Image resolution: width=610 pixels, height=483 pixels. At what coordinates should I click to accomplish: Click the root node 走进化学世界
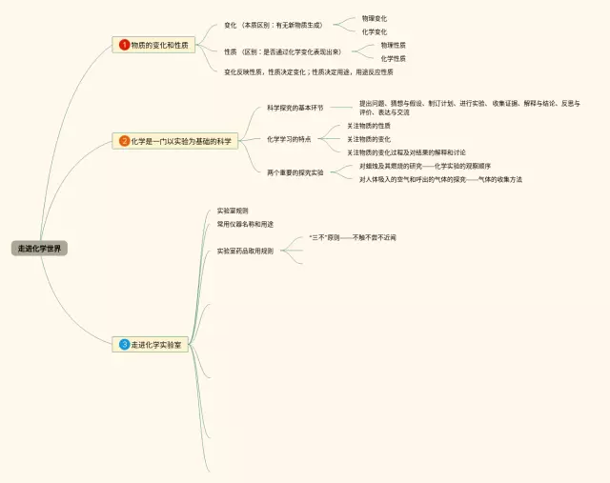(x=41, y=248)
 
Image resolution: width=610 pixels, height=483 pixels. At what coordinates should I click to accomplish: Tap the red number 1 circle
(x=124, y=45)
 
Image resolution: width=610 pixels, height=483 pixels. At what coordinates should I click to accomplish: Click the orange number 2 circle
(x=124, y=141)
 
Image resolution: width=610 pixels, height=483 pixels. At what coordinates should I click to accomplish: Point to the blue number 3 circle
(x=124, y=344)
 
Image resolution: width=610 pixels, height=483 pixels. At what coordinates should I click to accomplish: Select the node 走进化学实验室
(x=161, y=344)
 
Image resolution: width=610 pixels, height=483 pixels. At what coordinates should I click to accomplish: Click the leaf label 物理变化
(x=374, y=18)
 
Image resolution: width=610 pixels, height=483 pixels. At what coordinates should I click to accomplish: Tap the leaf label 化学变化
(x=374, y=31)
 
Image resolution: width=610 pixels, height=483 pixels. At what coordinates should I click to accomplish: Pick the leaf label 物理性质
(x=393, y=45)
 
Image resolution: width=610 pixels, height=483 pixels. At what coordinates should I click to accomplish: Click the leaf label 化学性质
(x=393, y=58)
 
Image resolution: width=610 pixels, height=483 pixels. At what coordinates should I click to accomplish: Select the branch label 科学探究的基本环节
(x=295, y=108)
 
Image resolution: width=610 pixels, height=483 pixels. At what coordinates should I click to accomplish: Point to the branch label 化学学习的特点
(x=289, y=139)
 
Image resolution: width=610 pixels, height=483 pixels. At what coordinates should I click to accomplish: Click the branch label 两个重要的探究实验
(x=295, y=172)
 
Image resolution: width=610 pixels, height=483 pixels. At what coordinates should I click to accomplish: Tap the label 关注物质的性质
(x=368, y=126)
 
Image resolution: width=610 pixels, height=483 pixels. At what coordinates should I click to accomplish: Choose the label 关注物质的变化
(x=368, y=139)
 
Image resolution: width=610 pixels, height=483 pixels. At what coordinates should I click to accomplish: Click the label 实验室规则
(x=233, y=210)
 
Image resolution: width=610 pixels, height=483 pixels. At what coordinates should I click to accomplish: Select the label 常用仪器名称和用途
(x=245, y=224)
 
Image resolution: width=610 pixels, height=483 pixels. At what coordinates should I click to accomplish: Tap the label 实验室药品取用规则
(x=245, y=251)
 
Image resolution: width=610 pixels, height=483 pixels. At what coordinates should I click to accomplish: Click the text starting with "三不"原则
(x=352, y=236)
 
